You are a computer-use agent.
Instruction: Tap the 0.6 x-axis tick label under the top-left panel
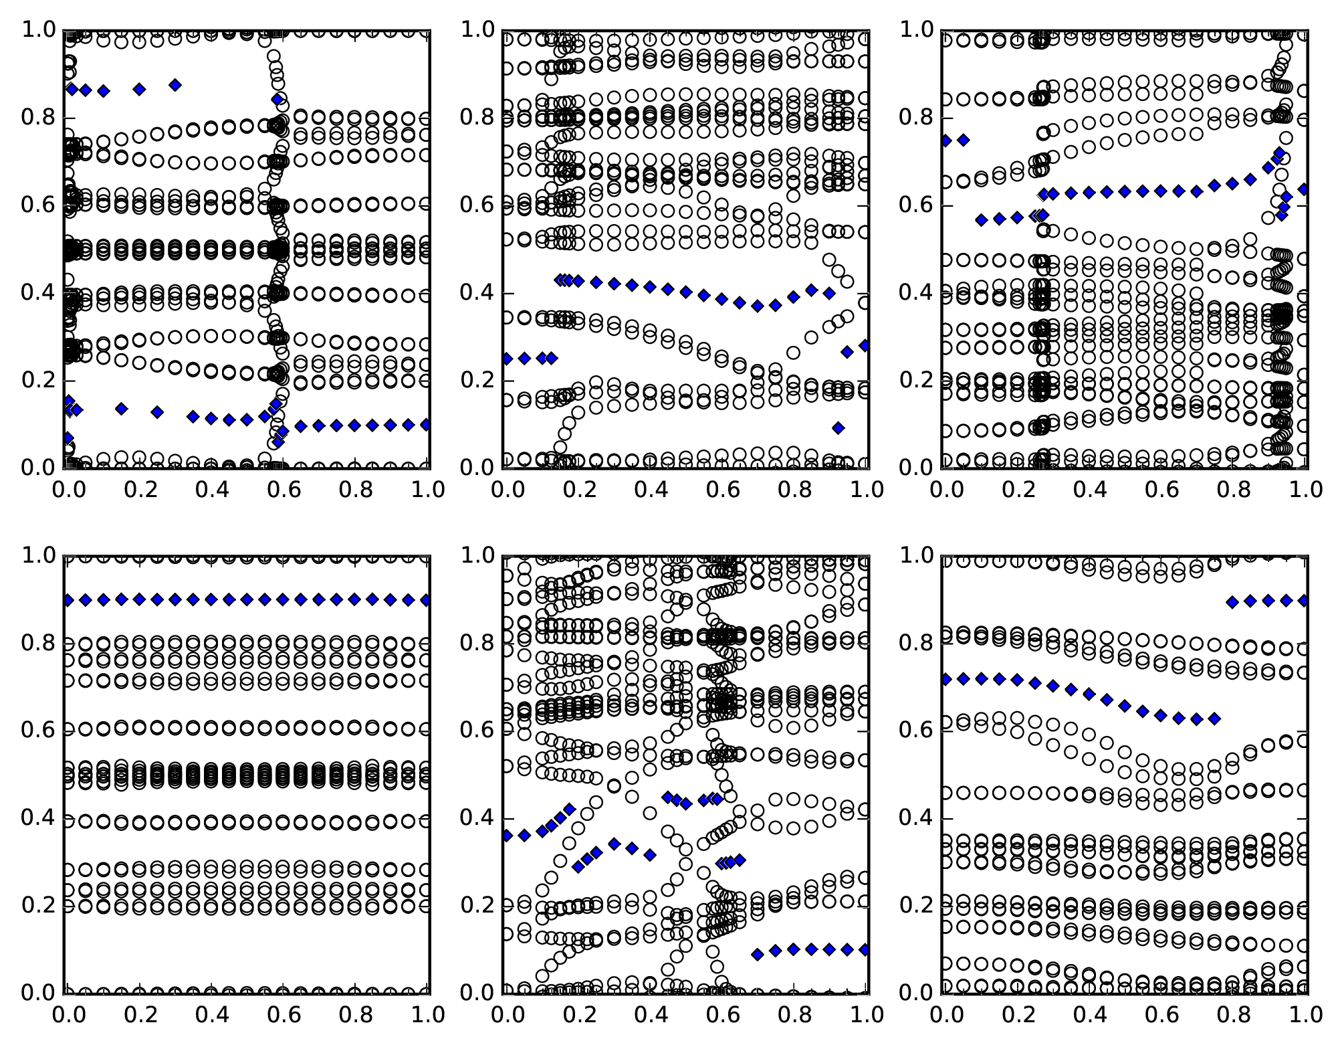282,490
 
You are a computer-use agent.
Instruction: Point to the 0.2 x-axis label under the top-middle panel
576,490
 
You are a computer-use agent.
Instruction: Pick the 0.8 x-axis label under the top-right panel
1232,490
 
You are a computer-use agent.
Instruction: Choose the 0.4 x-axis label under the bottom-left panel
211,1015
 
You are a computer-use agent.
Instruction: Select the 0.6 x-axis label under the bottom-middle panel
721,1015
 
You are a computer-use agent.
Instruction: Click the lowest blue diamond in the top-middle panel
839,428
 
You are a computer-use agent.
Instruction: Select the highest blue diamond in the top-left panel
175,85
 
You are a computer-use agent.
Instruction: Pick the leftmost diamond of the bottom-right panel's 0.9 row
1232,602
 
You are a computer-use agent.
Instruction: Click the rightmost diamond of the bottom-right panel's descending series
1214,719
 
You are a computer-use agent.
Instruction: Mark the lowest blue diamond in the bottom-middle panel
758,955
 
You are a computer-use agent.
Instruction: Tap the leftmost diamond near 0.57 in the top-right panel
982,220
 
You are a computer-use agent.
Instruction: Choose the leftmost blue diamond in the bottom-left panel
68,600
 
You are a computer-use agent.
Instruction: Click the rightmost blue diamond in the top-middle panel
865,346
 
